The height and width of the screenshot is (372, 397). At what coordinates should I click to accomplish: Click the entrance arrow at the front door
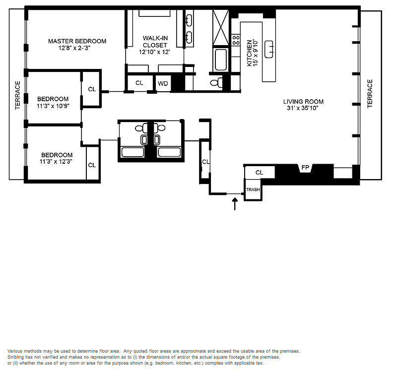point(235,204)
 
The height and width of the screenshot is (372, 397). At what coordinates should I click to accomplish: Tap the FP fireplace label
point(305,167)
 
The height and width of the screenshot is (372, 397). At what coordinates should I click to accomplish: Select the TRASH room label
point(253,189)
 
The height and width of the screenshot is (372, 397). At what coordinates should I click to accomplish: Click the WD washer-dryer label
point(163,83)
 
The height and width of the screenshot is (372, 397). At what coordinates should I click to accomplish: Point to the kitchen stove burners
point(236,40)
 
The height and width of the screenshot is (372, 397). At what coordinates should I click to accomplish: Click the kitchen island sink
point(269,49)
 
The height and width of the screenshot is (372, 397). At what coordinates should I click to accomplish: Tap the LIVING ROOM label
point(303,102)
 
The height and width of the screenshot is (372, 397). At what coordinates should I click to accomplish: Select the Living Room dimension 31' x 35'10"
point(303,108)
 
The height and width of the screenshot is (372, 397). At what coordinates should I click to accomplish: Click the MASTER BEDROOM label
point(77,41)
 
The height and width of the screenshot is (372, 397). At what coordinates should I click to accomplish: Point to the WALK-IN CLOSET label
point(155,42)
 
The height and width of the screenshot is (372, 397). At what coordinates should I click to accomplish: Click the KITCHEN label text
point(250,53)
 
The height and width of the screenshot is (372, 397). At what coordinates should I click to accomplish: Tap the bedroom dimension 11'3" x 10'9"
point(53,106)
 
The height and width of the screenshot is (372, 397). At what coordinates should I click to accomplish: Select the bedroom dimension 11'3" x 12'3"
point(56,162)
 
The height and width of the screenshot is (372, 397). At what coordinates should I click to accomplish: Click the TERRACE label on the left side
point(17,95)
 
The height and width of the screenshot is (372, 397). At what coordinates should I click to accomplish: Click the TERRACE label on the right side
point(370,94)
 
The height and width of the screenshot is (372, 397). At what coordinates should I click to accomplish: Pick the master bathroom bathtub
point(221,60)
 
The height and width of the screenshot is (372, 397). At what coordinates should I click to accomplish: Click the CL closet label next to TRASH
point(259,172)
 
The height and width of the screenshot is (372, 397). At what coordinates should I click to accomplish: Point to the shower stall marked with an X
point(221,27)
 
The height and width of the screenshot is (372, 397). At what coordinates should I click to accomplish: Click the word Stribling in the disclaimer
point(15,357)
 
